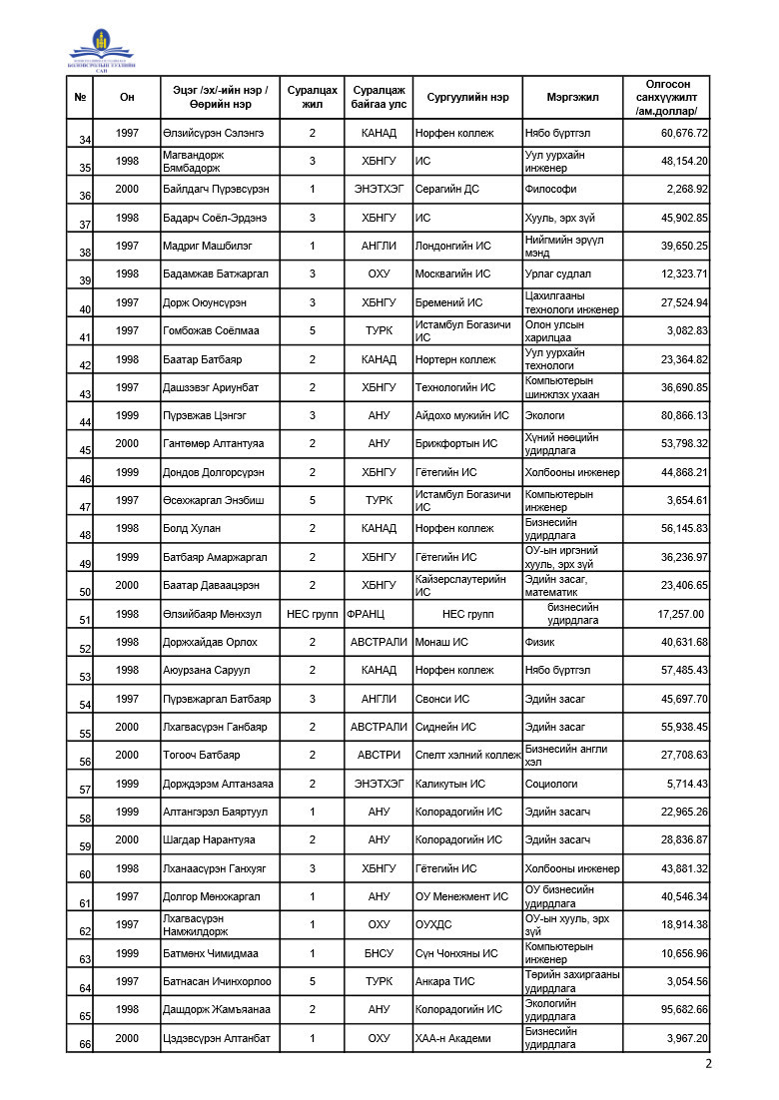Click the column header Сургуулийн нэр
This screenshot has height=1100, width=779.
467,98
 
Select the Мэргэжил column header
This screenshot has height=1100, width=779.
572,98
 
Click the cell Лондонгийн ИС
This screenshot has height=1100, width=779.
453,246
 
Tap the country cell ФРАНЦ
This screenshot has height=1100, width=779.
366,614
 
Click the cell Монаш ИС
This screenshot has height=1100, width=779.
441,642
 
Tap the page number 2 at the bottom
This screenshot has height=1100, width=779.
708,1064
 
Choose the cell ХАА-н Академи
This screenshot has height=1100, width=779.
453,1038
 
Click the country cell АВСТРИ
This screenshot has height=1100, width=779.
379,756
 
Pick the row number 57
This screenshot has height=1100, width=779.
85,790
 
